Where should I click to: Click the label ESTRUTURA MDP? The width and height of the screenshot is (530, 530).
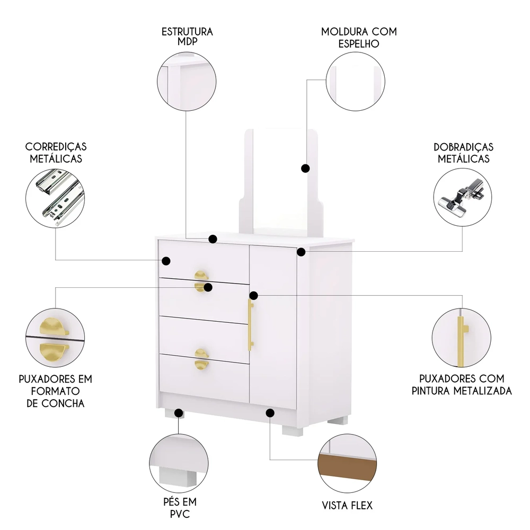187,37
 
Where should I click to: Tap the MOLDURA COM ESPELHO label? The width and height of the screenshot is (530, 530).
359,37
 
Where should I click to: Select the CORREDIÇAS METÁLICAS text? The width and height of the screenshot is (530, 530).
56,152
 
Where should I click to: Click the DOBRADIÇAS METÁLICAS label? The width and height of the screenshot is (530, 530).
463,152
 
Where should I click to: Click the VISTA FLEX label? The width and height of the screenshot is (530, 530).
347,505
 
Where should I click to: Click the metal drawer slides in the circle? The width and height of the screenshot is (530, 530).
56,198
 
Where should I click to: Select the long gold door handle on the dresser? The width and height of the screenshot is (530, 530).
251,324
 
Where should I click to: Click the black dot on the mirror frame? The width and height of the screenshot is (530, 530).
305,168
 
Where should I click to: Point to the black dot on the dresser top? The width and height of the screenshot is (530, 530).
213,239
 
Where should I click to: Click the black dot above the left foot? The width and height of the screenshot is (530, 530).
178,412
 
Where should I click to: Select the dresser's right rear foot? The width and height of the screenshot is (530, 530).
337,421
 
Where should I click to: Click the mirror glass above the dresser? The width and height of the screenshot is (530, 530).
279,180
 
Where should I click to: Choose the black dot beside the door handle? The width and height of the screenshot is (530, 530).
254,295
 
